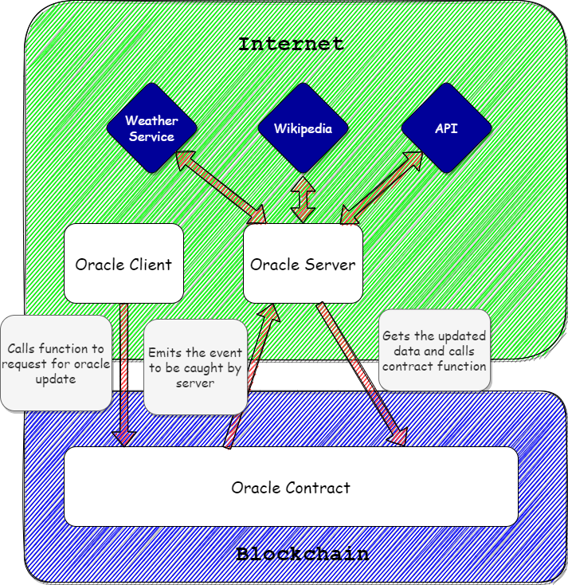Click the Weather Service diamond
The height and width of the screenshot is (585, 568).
151,128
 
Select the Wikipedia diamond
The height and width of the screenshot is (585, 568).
303,128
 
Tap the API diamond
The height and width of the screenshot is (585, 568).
446,128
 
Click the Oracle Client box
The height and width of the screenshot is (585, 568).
123,263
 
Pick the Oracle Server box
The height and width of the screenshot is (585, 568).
303,263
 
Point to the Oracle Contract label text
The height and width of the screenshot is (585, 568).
291,488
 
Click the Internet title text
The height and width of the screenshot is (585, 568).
291,44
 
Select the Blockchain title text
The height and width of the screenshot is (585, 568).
303,554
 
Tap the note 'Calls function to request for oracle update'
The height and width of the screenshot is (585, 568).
56,363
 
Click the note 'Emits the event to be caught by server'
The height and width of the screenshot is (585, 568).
195,367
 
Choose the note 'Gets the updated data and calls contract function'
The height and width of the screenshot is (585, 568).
434,351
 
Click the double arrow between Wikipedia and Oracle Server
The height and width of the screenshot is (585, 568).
303,199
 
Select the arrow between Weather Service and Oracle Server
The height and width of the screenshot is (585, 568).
221,187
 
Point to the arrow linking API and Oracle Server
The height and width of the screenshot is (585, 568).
381,187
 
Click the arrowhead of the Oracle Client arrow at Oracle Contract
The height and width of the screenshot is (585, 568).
124,438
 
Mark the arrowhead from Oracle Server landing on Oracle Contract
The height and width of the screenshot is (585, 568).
399,438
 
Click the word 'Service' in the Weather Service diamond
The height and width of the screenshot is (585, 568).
151,136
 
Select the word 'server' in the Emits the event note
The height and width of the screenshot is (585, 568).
195,383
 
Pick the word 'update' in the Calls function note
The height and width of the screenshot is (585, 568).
56,379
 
